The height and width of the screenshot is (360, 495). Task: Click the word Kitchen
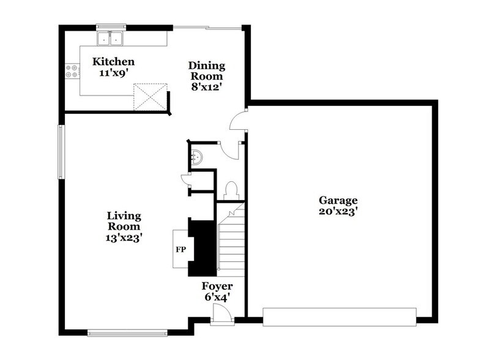pos(113,62)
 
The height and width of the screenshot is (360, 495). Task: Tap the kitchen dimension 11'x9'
pos(113,73)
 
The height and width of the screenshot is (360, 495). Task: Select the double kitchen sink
pos(111,40)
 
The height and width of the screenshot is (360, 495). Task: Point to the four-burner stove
pos(72,72)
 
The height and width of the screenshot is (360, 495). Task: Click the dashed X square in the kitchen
pos(151,97)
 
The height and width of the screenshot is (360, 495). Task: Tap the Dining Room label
pos(206,71)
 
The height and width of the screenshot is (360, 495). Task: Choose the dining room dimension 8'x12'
pos(206,87)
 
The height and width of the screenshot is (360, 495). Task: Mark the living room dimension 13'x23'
pos(124,238)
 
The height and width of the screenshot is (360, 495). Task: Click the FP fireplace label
pos(181,249)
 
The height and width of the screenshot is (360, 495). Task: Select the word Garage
pos(338,200)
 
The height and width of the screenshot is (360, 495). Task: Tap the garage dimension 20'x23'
pos(338,212)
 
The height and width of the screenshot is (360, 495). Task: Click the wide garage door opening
pos(339,316)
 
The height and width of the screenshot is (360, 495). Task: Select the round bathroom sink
pos(196,156)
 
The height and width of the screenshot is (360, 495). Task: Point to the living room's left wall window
pos(61,152)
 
